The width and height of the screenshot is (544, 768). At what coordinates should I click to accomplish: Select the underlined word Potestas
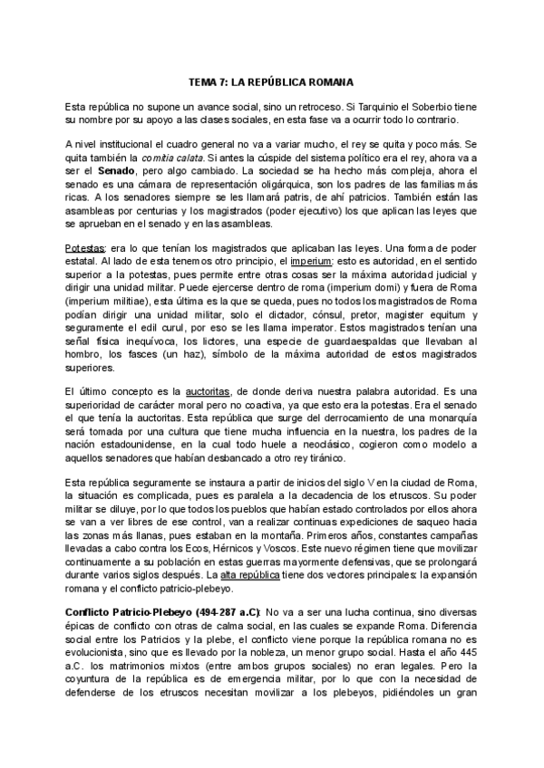84,247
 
